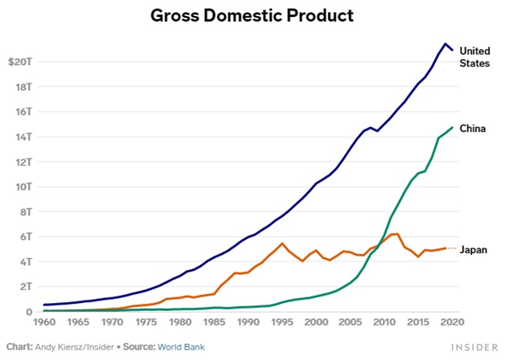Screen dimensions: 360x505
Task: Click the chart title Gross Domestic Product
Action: coord(252,15)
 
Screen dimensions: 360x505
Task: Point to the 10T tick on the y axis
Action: coord(22,186)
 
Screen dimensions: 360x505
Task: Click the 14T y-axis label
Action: coord(22,137)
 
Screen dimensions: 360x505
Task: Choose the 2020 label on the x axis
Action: coord(451,323)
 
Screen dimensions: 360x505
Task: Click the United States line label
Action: coord(474,57)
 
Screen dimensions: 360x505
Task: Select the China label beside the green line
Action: coord(471,128)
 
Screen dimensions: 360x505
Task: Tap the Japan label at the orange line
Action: coord(473,249)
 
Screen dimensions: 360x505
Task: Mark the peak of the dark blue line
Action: coord(445,43)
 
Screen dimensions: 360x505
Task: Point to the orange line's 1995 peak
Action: coord(281,243)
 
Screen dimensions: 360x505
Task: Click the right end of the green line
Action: coord(453,127)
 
